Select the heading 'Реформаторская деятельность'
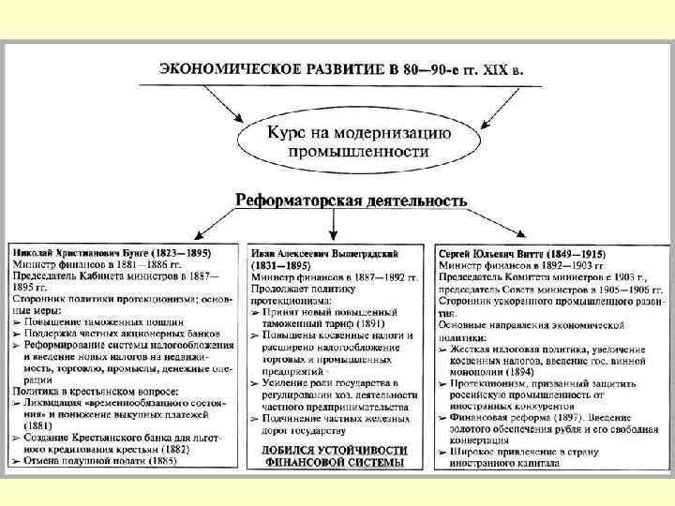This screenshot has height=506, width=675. (351, 201)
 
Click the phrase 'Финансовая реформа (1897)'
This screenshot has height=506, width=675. (502, 417)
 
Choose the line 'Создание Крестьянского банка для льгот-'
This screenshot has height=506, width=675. (117, 437)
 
